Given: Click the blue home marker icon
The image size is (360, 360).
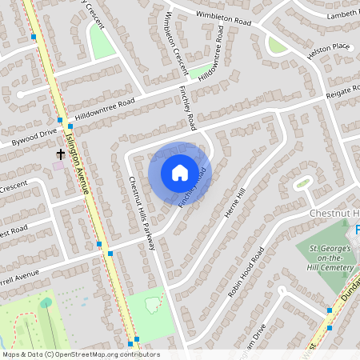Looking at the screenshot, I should (180, 172).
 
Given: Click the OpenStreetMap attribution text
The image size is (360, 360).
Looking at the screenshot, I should (80, 354).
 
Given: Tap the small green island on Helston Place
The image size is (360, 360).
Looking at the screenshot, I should (277, 45).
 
